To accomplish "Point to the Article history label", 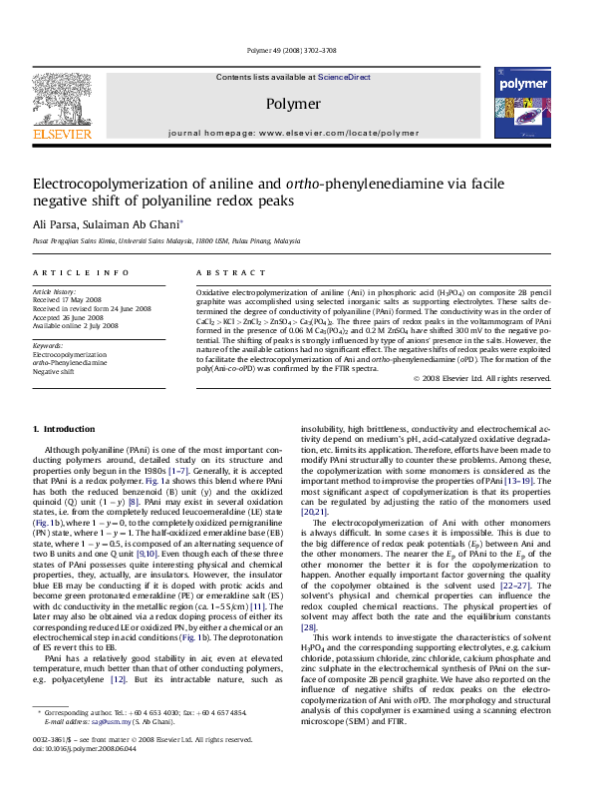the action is click(54, 288).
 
